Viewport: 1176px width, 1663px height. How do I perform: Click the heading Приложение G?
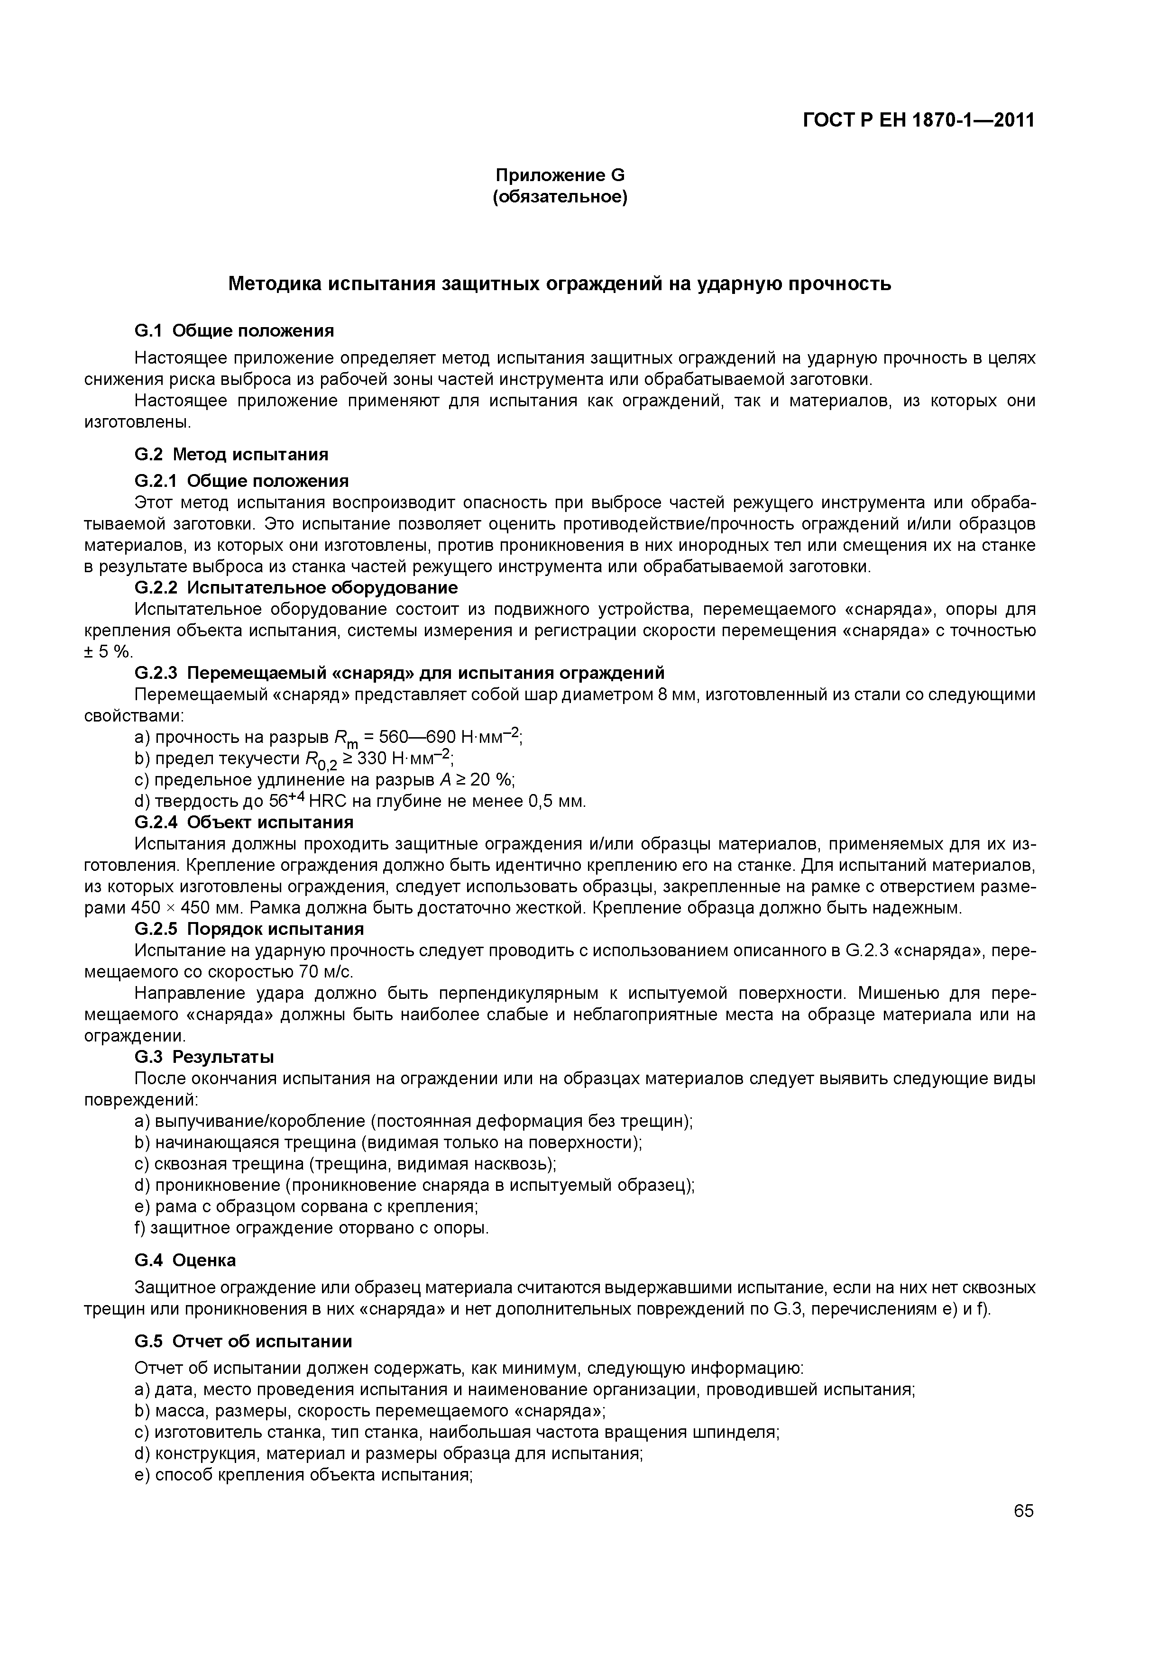(x=560, y=175)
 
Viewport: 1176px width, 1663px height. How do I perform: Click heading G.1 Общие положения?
(x=234, y=331)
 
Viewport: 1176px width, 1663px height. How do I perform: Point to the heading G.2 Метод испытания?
(x=231, y=454)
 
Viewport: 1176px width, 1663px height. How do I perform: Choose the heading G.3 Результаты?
(x=204, y=1057)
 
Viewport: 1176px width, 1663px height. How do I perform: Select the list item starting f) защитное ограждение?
(x=312, y=1228)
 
